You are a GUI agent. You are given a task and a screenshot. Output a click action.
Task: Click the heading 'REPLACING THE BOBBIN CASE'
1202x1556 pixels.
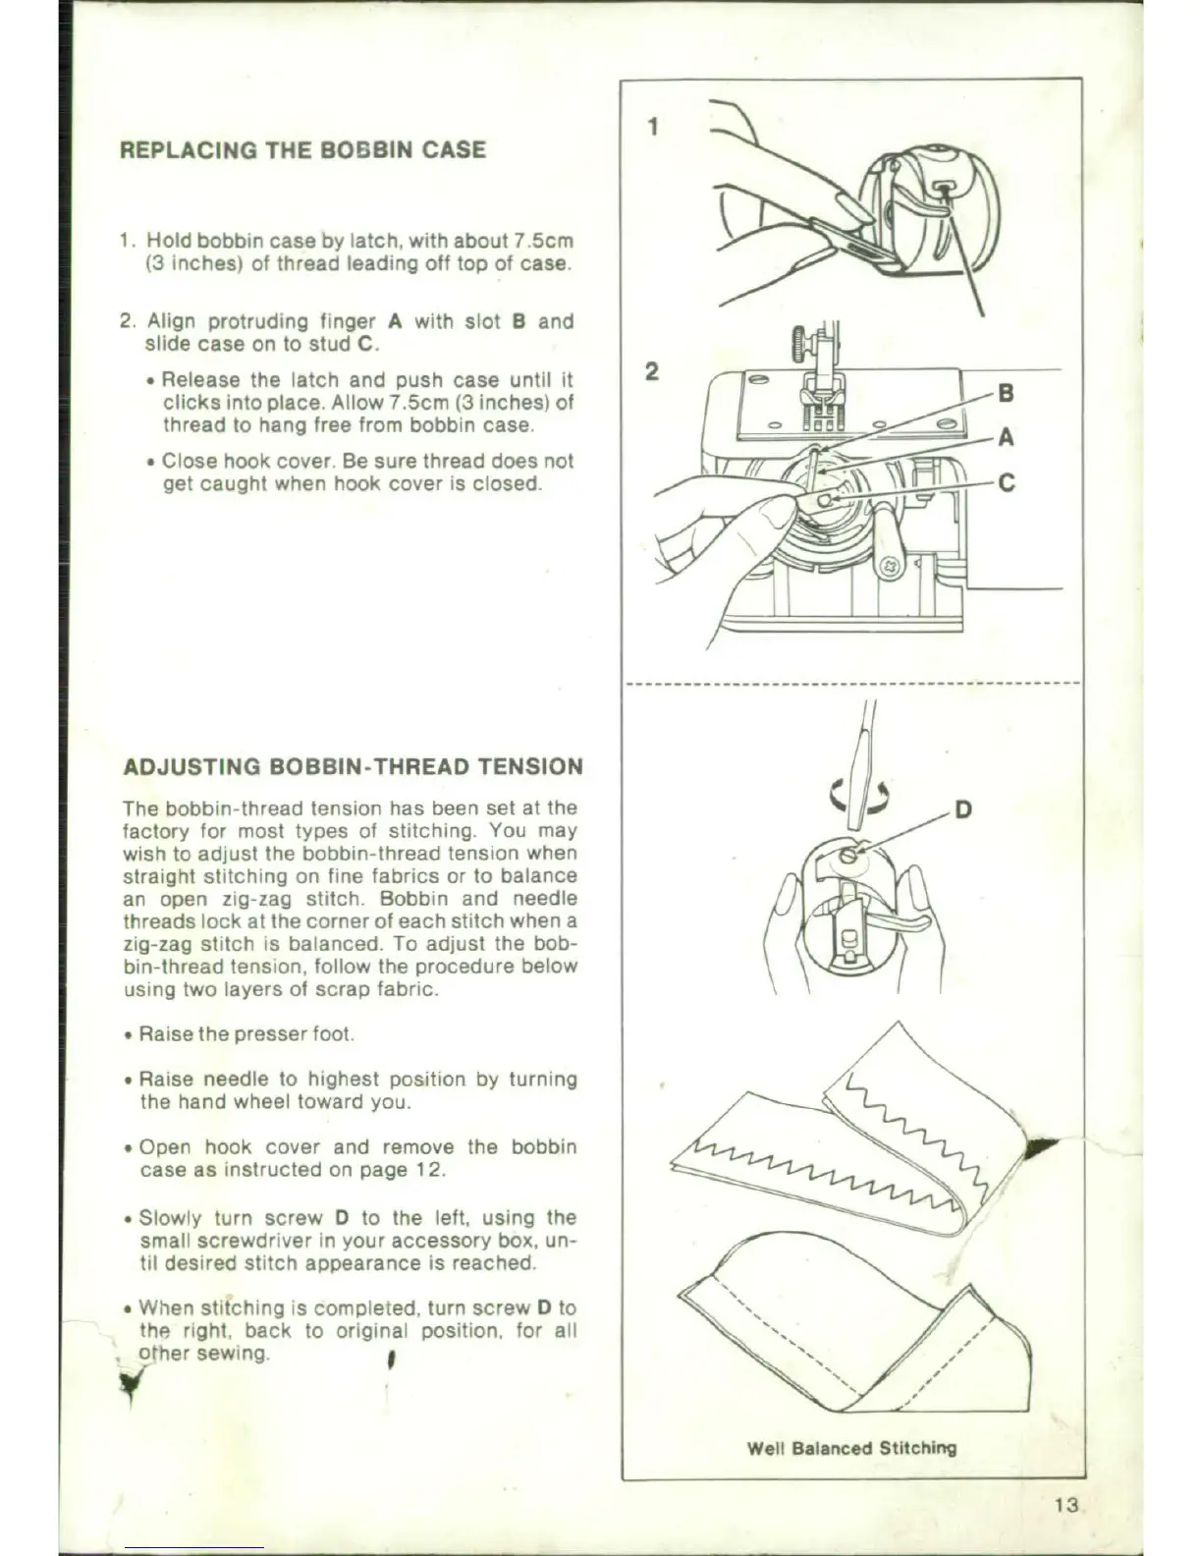tap(302, 150)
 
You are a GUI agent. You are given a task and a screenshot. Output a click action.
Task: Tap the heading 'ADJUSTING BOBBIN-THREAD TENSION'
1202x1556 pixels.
tap(353, 766)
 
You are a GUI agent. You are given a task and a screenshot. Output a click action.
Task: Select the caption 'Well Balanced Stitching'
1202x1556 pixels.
tap(851, 1447)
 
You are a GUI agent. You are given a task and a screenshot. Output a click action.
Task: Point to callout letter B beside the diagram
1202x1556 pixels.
tap(1005, 394)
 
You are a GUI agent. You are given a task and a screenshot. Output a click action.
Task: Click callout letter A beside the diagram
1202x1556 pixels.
tap(1005, 437)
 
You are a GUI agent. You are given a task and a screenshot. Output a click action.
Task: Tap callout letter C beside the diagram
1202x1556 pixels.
tap(1006, 483)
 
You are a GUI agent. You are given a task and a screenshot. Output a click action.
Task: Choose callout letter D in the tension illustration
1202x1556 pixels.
tap(963, 809)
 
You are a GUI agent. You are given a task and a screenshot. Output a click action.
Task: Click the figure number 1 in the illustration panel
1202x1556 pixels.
tap(653, 127)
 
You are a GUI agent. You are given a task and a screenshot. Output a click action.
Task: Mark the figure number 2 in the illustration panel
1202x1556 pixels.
tap(651, 371)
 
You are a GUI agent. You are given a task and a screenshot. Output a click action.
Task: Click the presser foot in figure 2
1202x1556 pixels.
tap(820, 411)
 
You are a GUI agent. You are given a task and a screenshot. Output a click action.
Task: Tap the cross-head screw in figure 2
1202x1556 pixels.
tap(892, 567)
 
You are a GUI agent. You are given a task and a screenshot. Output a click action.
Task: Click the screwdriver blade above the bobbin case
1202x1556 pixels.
tap(863, 776)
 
